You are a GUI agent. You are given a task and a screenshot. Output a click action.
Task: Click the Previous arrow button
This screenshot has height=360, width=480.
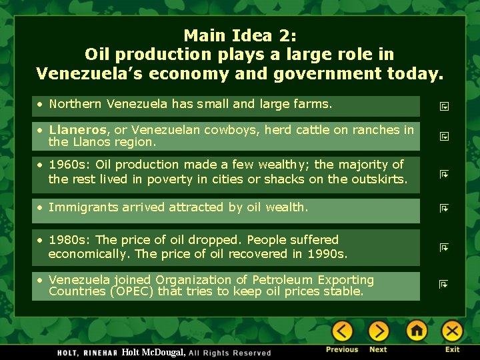click(x=342, y=331)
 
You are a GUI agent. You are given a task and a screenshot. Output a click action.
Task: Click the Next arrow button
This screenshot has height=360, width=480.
click(x=378, y=331)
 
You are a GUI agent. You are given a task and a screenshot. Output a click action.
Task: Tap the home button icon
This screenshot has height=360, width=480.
click(x=417, y=331)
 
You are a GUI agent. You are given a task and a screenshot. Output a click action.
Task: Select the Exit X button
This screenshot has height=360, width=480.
click(x=452, y=331)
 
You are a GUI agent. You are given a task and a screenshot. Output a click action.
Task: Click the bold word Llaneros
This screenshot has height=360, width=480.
click(x=77, y=130)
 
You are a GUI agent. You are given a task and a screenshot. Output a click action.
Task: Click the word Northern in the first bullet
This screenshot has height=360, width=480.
click(x=75, y=104)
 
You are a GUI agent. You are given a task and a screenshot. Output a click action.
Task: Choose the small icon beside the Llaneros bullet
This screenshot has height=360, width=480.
click(x=443, y=137)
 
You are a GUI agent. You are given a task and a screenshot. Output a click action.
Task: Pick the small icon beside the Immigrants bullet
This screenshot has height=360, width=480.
click(x=443, y=209)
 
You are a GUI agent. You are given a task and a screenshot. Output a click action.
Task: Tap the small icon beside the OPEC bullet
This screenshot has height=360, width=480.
click(x=443, y=285)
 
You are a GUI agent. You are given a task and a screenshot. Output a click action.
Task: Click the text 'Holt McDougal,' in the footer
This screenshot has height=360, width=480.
click(x=153, y=352)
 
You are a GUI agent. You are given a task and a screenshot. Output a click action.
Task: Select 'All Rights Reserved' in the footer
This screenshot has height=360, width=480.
click(x=230, y=353)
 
